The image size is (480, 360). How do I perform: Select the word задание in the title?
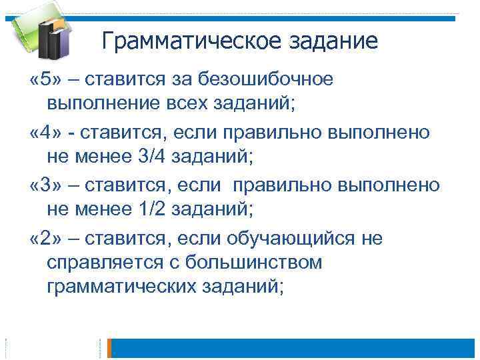[x=333, y=42]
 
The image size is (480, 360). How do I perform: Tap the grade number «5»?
[x=43, y=80]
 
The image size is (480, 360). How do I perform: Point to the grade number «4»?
[x=43, y=132]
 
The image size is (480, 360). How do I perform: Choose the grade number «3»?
[x=43, y=185]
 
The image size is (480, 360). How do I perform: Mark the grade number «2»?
[x=43, y=238]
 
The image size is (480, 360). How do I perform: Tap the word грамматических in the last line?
[x=127, y=287]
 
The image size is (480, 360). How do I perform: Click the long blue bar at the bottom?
[x=296, y=348]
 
